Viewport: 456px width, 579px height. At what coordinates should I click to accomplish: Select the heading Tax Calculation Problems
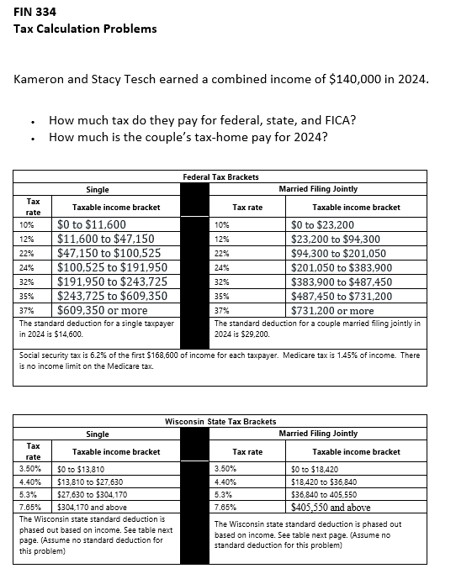point(85,29)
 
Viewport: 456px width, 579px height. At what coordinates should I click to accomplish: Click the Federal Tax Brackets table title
point(220,177)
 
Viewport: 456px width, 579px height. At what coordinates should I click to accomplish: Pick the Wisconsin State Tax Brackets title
point(220,421)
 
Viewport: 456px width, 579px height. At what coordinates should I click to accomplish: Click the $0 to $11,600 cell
point(92,225)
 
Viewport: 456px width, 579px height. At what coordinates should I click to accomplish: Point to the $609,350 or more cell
point(102,310)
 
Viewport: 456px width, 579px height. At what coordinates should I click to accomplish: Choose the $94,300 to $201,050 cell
point(338,253)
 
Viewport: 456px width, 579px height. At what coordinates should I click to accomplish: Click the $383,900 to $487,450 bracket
point(341,282)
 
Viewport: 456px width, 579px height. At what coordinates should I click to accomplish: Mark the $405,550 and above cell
point(331,508)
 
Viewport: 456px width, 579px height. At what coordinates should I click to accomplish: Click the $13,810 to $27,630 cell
point(90,482)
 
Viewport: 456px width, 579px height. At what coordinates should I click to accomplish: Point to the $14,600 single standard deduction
point(67,334)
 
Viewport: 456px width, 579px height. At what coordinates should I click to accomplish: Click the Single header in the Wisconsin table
point(98,434)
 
